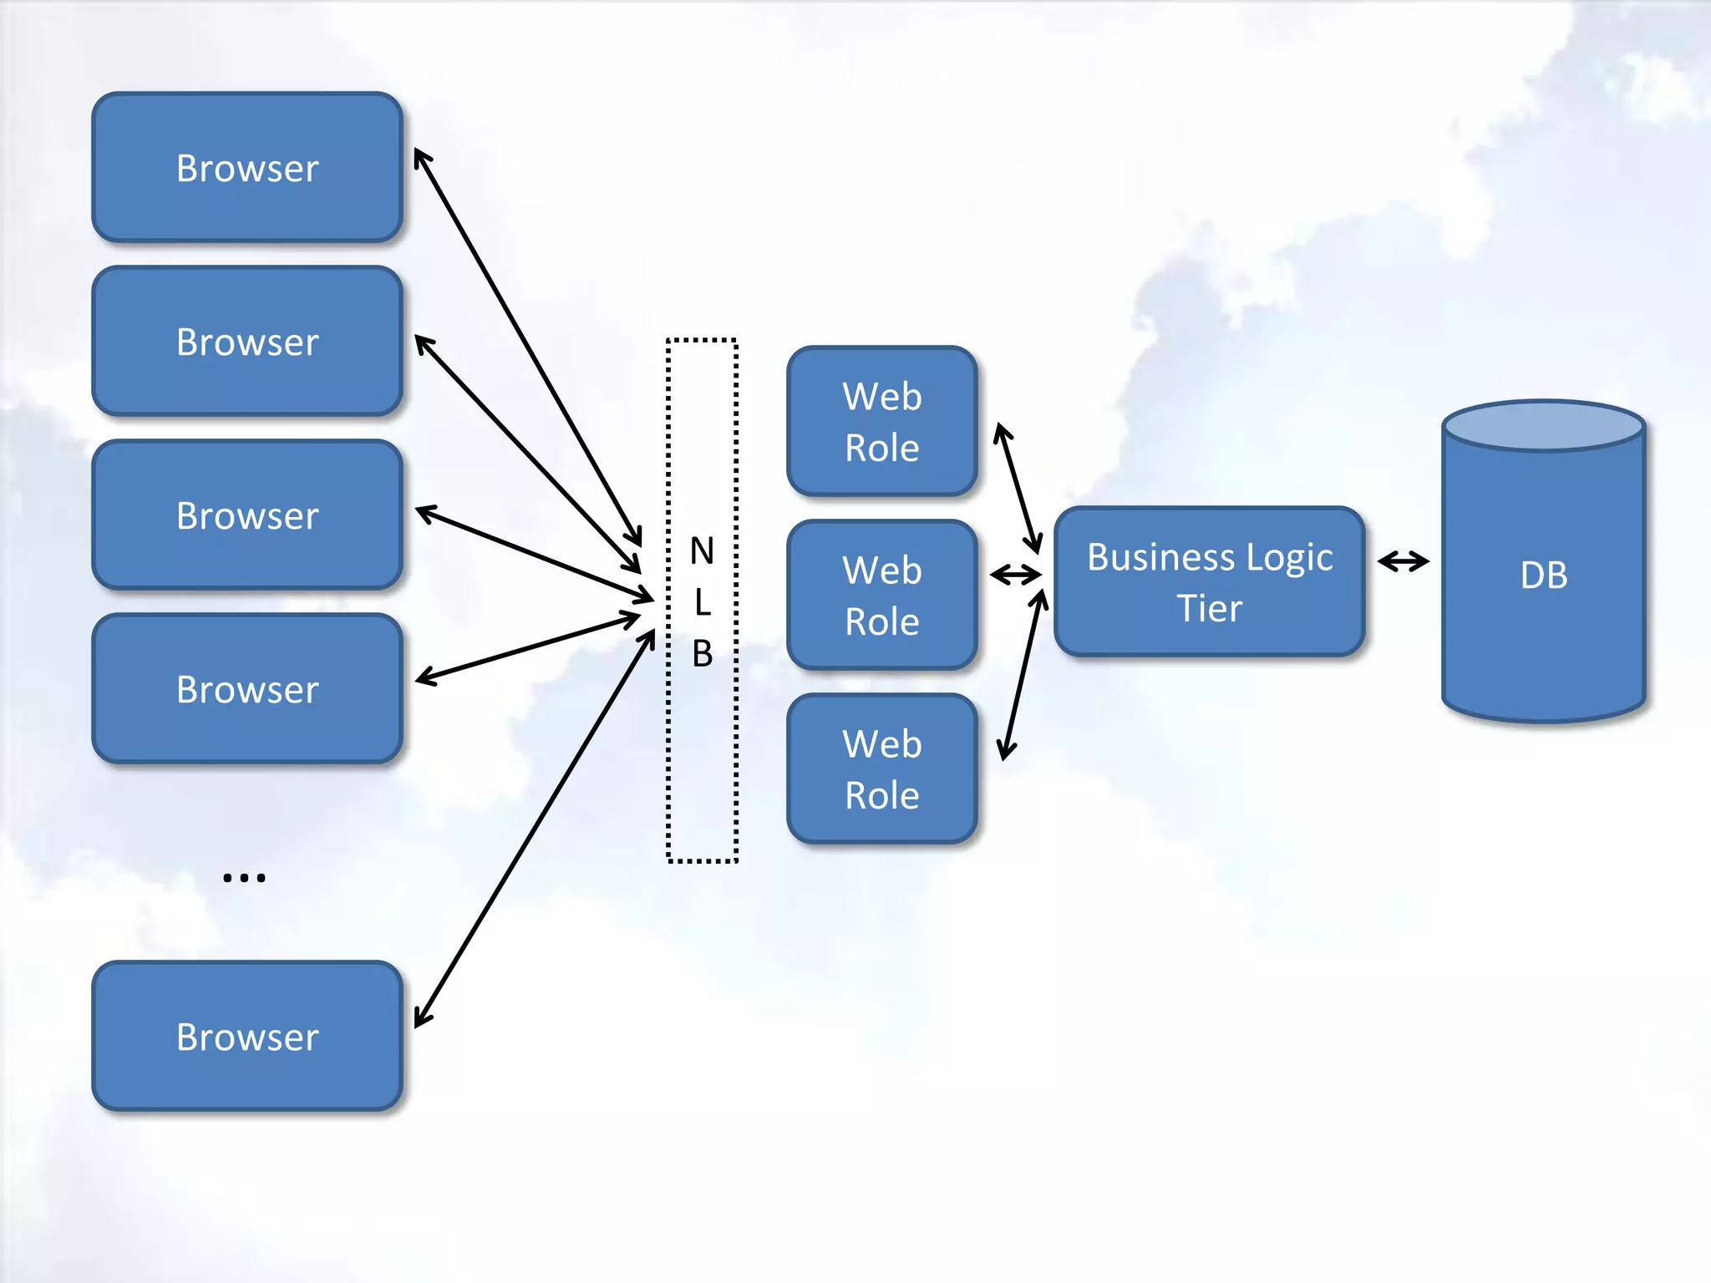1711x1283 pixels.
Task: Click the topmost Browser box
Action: coord(247,168)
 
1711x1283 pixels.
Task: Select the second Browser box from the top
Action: coord(247,342)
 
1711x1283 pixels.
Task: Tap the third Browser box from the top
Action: coord(247,515)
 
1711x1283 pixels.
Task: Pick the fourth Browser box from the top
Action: coord(247,689)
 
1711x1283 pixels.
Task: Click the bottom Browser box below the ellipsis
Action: coord(247,1037)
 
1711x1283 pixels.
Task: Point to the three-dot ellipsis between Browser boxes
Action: coord(244,877)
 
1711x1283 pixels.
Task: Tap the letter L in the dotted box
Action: coord(702,602)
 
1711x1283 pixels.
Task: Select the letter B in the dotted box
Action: coord(702,653)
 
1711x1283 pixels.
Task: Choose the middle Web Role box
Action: coord(882,596)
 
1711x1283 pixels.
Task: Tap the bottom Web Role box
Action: coord(882,769)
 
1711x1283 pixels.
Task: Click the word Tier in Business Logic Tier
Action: coord(1209,608)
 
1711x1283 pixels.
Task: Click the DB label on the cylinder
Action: coord(1543,576)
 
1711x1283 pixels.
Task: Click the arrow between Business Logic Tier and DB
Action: coord(1404,561)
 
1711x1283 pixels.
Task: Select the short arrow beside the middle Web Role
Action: coord(1016,575)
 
